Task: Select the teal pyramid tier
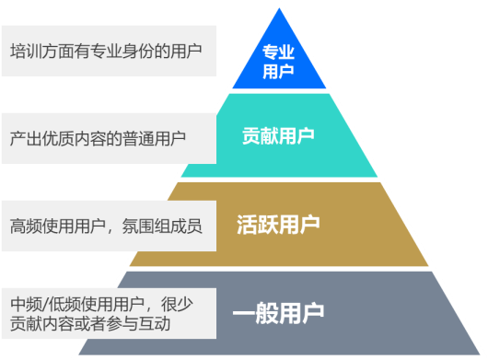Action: coord(277,135)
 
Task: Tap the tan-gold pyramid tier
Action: coord(277,224)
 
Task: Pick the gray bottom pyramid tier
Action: coord(277,312)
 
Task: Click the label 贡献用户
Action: coord(277,136)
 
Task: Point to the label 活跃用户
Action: coord(277,224)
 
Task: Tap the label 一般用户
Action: coord(277,313)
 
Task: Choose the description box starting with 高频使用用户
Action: coord(109,225)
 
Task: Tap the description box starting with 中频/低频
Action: coord(109,313)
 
